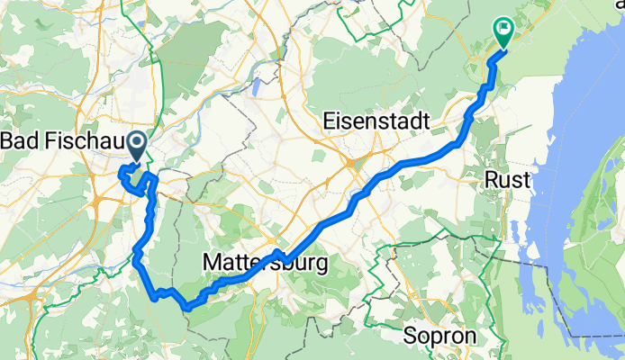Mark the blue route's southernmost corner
(x=186, y=308)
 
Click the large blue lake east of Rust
(x=576, y=180)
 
